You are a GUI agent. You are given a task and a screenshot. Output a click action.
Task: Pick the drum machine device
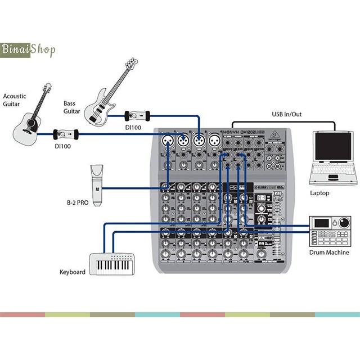point(328,230)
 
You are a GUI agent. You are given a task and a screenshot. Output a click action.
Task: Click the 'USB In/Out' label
point(287,115)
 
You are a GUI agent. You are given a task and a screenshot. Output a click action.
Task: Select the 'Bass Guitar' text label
point(71,107)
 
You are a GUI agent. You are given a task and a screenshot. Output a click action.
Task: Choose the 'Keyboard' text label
point(73,272)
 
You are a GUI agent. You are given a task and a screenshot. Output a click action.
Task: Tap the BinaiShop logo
point(28,49)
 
